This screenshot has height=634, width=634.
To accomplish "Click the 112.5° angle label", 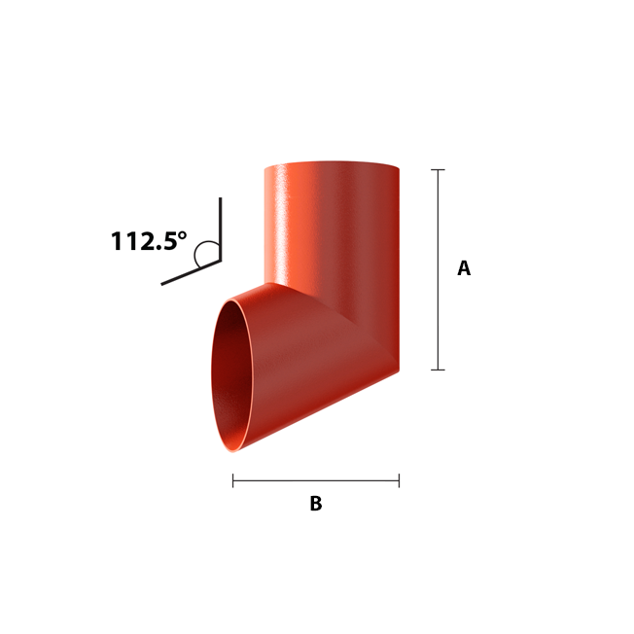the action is (149, 241).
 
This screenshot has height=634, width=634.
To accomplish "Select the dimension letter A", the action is (464, 268).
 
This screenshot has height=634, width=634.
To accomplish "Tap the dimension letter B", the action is (316, 504).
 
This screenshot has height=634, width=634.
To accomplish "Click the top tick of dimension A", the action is (438, 170).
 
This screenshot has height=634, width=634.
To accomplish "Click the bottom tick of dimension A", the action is (438, 370).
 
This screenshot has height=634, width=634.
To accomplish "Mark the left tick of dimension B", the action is (233, 480).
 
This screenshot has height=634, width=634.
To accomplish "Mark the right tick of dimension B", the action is (399, 480).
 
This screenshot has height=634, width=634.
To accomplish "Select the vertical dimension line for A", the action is (438, 269).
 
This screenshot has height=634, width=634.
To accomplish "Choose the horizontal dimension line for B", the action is (316, 480).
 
